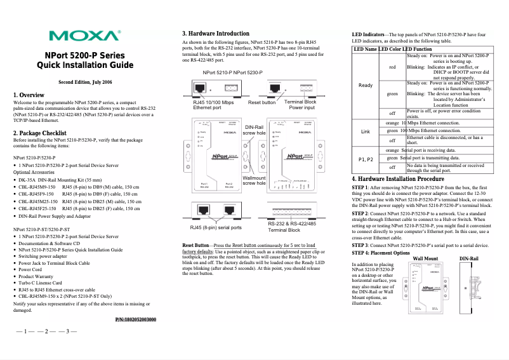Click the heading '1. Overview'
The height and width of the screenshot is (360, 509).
tap(29, 95)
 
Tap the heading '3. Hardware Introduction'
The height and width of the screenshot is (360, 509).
tap(215, 33)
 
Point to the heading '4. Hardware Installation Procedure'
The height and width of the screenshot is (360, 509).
tap(398, 180)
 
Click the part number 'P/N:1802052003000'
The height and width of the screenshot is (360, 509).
tap(136, 319)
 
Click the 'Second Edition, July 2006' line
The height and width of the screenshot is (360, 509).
tap(85, 83)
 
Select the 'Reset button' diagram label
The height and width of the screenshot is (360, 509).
tap(261, 102)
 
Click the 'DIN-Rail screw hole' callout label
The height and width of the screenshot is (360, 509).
tap(255, 130)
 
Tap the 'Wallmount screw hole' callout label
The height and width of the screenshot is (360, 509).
tap(255, 180)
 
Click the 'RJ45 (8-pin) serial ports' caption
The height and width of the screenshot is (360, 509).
tap(216, 227)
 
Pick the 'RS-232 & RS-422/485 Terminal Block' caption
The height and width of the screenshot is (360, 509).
tap(292, 227)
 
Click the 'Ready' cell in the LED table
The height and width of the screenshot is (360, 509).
tap(366, 85)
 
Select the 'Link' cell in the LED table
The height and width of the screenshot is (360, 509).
tap(365, 131)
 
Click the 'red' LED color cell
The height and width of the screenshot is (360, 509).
tap(392, 67)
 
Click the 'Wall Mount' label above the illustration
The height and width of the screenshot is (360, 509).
tap(425, 259)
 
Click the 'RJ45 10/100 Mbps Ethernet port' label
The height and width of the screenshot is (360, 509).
tap(213, 105)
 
